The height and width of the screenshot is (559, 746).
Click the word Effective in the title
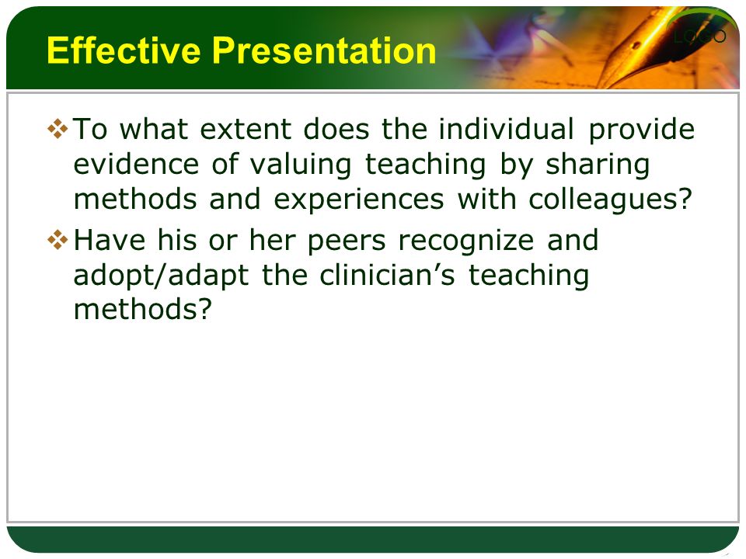coord(124,50)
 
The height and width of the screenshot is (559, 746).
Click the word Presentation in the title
coord(324,50)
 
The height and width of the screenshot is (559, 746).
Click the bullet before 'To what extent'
coord(58,129)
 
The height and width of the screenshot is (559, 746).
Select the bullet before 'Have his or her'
coord(58,240)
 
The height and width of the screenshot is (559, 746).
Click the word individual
coord(506,129)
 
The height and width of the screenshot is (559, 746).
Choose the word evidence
coord(136,164)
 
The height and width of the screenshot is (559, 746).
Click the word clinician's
coord(387,275)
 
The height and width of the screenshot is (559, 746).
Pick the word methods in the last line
coord(142,309)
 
